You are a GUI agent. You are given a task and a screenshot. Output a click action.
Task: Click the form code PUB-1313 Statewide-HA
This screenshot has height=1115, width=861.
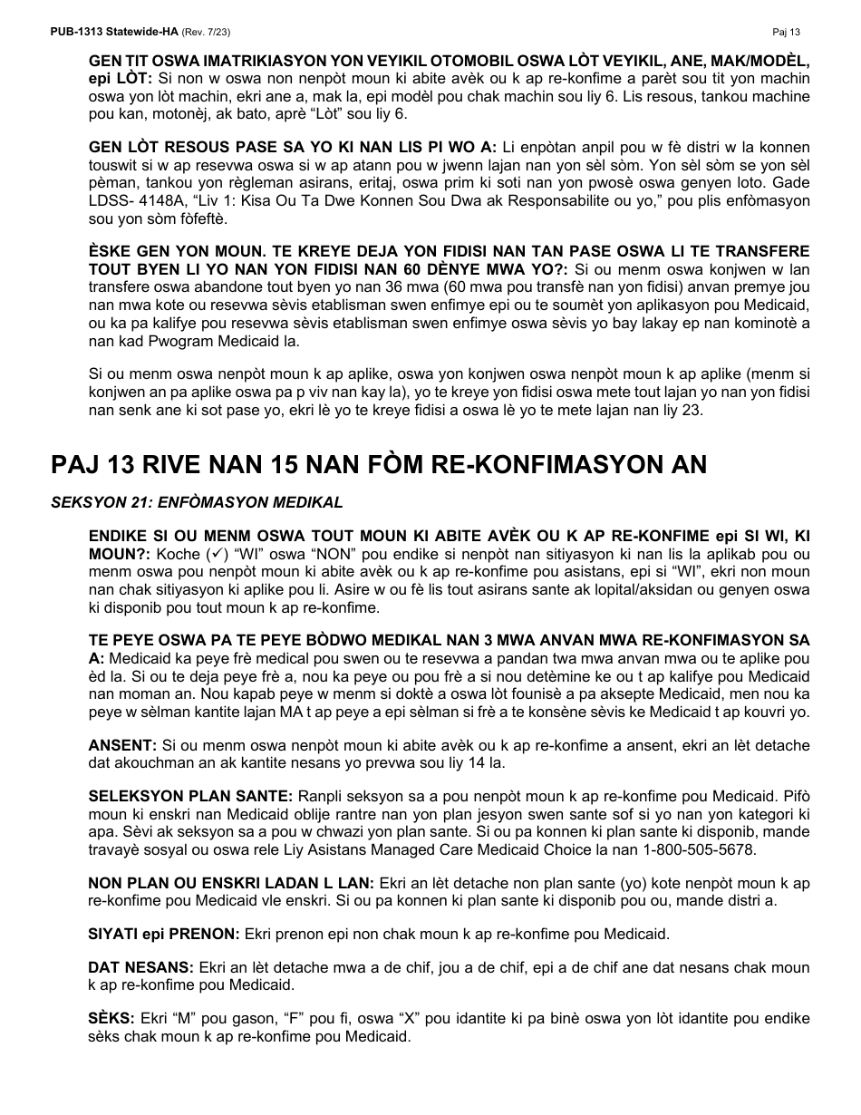click(x=114, y=32)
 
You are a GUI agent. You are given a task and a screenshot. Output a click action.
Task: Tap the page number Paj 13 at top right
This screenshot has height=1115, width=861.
click(x=786, y=32)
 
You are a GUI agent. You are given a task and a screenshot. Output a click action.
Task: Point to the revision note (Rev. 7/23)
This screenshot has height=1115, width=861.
click(x=206, y=32)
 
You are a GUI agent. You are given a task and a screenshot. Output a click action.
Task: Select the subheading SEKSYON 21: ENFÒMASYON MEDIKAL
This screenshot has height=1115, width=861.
click(x=197, y=502)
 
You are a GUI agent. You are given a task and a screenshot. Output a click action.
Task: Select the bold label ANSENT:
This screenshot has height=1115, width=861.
click(x=122, y=745)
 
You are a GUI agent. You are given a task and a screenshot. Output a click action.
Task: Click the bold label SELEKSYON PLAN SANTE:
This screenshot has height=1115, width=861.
click(x=189, y=796)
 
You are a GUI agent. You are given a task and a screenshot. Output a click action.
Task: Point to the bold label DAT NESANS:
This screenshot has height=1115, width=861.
click(x=140, y=968)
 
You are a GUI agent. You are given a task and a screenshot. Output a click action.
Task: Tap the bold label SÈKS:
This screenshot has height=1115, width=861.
click(x=111, y=1019)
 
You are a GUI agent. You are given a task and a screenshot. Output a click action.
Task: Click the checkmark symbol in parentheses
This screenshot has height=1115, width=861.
click(x=216, y=554)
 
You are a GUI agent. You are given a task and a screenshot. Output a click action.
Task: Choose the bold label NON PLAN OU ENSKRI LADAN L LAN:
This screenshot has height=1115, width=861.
click(x=230, y=883)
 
